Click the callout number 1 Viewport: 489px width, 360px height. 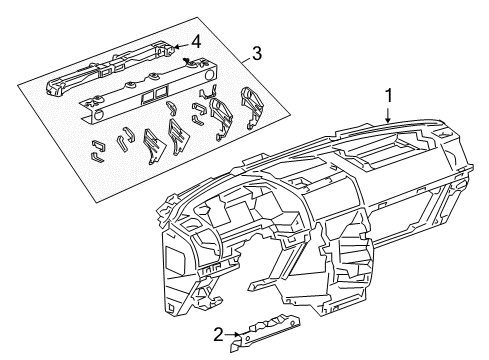(x=388, y=96)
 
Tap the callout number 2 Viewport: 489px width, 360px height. (x=218, y=335)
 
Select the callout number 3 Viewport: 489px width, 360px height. (x=256, y=53)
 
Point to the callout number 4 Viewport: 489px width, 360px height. (x=195, y=42)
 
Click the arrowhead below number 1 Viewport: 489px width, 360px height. (x=388, y=118)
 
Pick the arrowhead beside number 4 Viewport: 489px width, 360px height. (x=177, y=47)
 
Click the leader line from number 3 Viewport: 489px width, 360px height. (x=245, y=60)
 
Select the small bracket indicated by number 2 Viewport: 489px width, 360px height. (x=264, y=333)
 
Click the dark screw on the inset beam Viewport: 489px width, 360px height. (x=187, y=61)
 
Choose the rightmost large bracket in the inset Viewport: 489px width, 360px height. (x=252, y=108)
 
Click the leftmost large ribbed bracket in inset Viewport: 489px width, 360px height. (x=154, y=146)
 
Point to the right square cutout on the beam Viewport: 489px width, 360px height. (x=161, y=92)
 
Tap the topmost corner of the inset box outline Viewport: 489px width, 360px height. (x=197, y=17)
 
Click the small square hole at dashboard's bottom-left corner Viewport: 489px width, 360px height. (x=171, y=307)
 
